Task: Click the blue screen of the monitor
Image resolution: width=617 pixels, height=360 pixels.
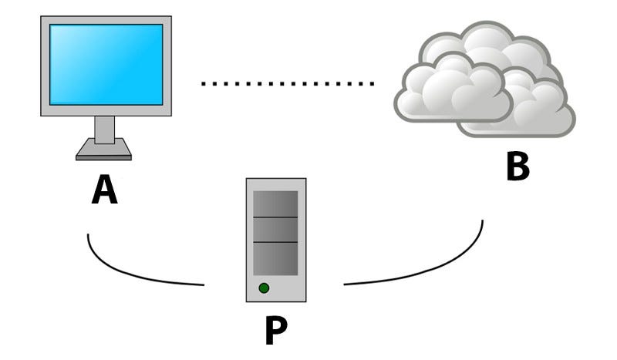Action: click(106, 64)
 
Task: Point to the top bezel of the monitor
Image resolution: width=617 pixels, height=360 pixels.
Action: click(106, 19)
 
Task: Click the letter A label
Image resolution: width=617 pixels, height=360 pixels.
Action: click(105, 190)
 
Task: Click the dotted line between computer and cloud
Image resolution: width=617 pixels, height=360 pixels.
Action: click(287, 82)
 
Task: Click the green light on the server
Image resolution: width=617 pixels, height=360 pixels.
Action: click(264, 288)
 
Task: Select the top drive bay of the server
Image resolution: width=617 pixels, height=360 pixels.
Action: click(275, 204)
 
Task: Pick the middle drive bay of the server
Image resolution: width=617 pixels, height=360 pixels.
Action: click(275, 229)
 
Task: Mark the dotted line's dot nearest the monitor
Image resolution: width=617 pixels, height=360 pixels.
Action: click(204, 82)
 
